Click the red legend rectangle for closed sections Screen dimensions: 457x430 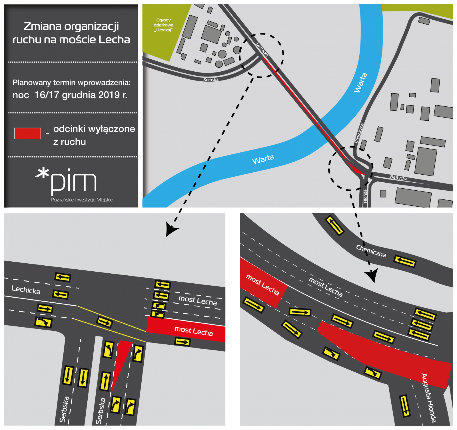click(28, 134)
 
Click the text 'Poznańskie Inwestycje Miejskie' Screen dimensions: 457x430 click(82, 200)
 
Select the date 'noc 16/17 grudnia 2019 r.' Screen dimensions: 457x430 click(70, 95)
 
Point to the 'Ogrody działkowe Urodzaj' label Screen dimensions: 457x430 click(163, 25)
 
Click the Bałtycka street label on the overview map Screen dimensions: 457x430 click(399, 177)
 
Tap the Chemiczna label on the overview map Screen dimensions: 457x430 click(359, 133)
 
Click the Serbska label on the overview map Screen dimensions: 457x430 click(211, 80)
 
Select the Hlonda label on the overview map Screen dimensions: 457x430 click(365, 196)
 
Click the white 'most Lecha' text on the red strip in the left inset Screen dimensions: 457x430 click(194, 331)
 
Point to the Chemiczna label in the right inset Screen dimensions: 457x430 click(371, 251)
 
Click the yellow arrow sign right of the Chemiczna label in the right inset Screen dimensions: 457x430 click(405, 261)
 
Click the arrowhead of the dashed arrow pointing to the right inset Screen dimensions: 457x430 click(372, 275)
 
